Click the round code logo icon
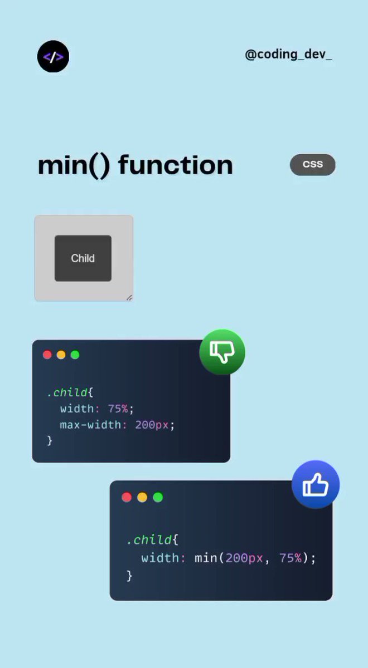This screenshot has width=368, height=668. tap(53, 57)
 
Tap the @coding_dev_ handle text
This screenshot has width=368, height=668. tap(288, 55)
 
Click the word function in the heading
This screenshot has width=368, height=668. tap(176, 165)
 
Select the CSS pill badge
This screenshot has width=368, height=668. tap(313, 165)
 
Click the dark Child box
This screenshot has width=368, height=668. tap(83, 258)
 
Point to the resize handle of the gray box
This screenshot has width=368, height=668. tap(129, 297)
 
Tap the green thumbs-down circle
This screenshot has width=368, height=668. tap(222, 352)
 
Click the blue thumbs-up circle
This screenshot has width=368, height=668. tap(316, 484)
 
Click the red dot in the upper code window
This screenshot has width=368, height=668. tap(47, 355)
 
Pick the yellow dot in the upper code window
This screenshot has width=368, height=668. tap(61, 355)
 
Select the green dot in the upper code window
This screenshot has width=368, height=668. tap(75, 355)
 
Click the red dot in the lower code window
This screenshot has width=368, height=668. tap(127, 497)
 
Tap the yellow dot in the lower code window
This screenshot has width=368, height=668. tap(142, 497)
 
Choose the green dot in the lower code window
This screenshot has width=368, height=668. tap(158, 497)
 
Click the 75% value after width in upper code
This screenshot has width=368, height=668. tap(118, 409)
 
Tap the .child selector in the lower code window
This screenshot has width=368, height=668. tap(149, 539)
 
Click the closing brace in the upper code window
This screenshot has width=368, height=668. tap(50, 440)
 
